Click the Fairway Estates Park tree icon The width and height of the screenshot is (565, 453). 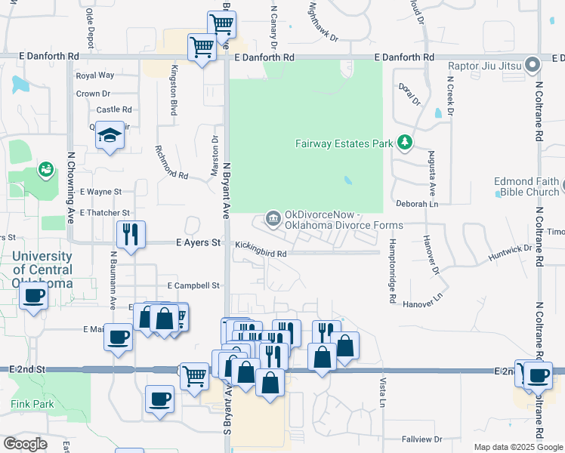coord(405,142)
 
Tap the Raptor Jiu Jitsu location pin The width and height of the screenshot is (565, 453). coord(533,65)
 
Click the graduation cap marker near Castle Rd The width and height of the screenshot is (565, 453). coord(110,136)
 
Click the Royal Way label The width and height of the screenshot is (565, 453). coord(94,75)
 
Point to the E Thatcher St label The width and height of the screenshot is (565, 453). coord(105,213)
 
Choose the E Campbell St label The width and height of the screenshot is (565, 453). coord(193,286)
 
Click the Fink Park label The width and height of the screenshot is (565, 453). coord(32,404)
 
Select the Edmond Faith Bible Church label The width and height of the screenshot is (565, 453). coord(526,187)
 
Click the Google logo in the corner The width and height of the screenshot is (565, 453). coord(25,444)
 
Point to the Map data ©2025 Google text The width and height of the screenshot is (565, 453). coord(517,447)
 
